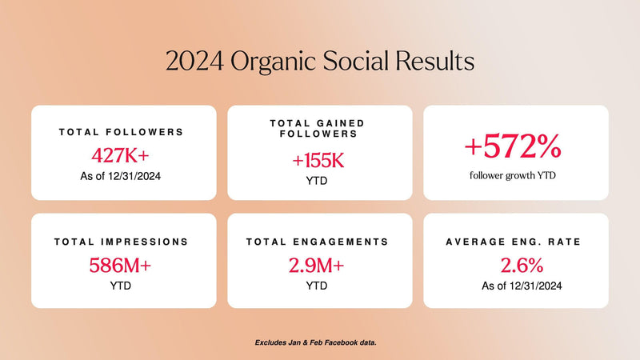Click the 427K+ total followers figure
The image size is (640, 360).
tap(121, 155)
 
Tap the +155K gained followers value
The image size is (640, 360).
tap(318, 161)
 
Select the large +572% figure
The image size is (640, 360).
tap(513, 146)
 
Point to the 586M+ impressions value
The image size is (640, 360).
tap(120, 266)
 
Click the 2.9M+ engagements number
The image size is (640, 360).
tap(316, 266)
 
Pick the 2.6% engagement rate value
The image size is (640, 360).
tap(522, 266)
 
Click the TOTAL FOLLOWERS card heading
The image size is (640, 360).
tap(122, 132)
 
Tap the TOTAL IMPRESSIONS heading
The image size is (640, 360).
tap(122, 242)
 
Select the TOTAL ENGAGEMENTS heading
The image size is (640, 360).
tap(317, 242)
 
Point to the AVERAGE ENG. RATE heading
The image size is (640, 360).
tap(513, 242)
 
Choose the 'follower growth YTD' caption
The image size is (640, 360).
tap(513, 175)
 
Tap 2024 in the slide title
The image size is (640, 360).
tap(194, 62)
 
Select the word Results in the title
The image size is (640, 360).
tap(434, 62)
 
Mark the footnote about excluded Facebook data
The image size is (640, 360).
tap(315, 342)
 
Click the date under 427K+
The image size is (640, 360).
tap(121, 176)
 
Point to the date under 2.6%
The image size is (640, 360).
tap(522, 286)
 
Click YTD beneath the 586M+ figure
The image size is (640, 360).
tap(121, 286)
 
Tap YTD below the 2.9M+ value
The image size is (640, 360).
tap(317, 286)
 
